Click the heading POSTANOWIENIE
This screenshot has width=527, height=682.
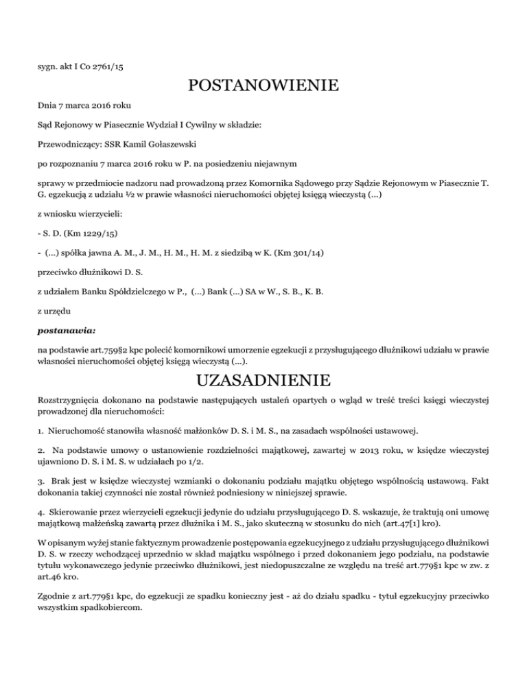click(263, 86)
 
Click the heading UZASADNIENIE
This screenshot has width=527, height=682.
click(263, 379)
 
